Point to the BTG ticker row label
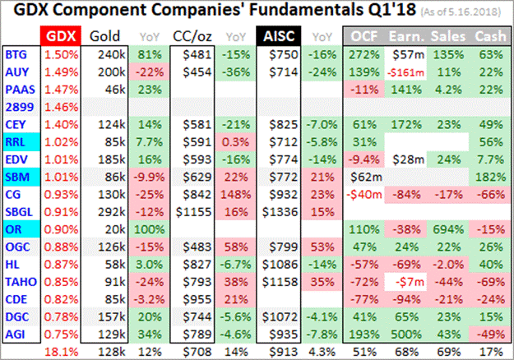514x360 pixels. (x=16, y=54)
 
